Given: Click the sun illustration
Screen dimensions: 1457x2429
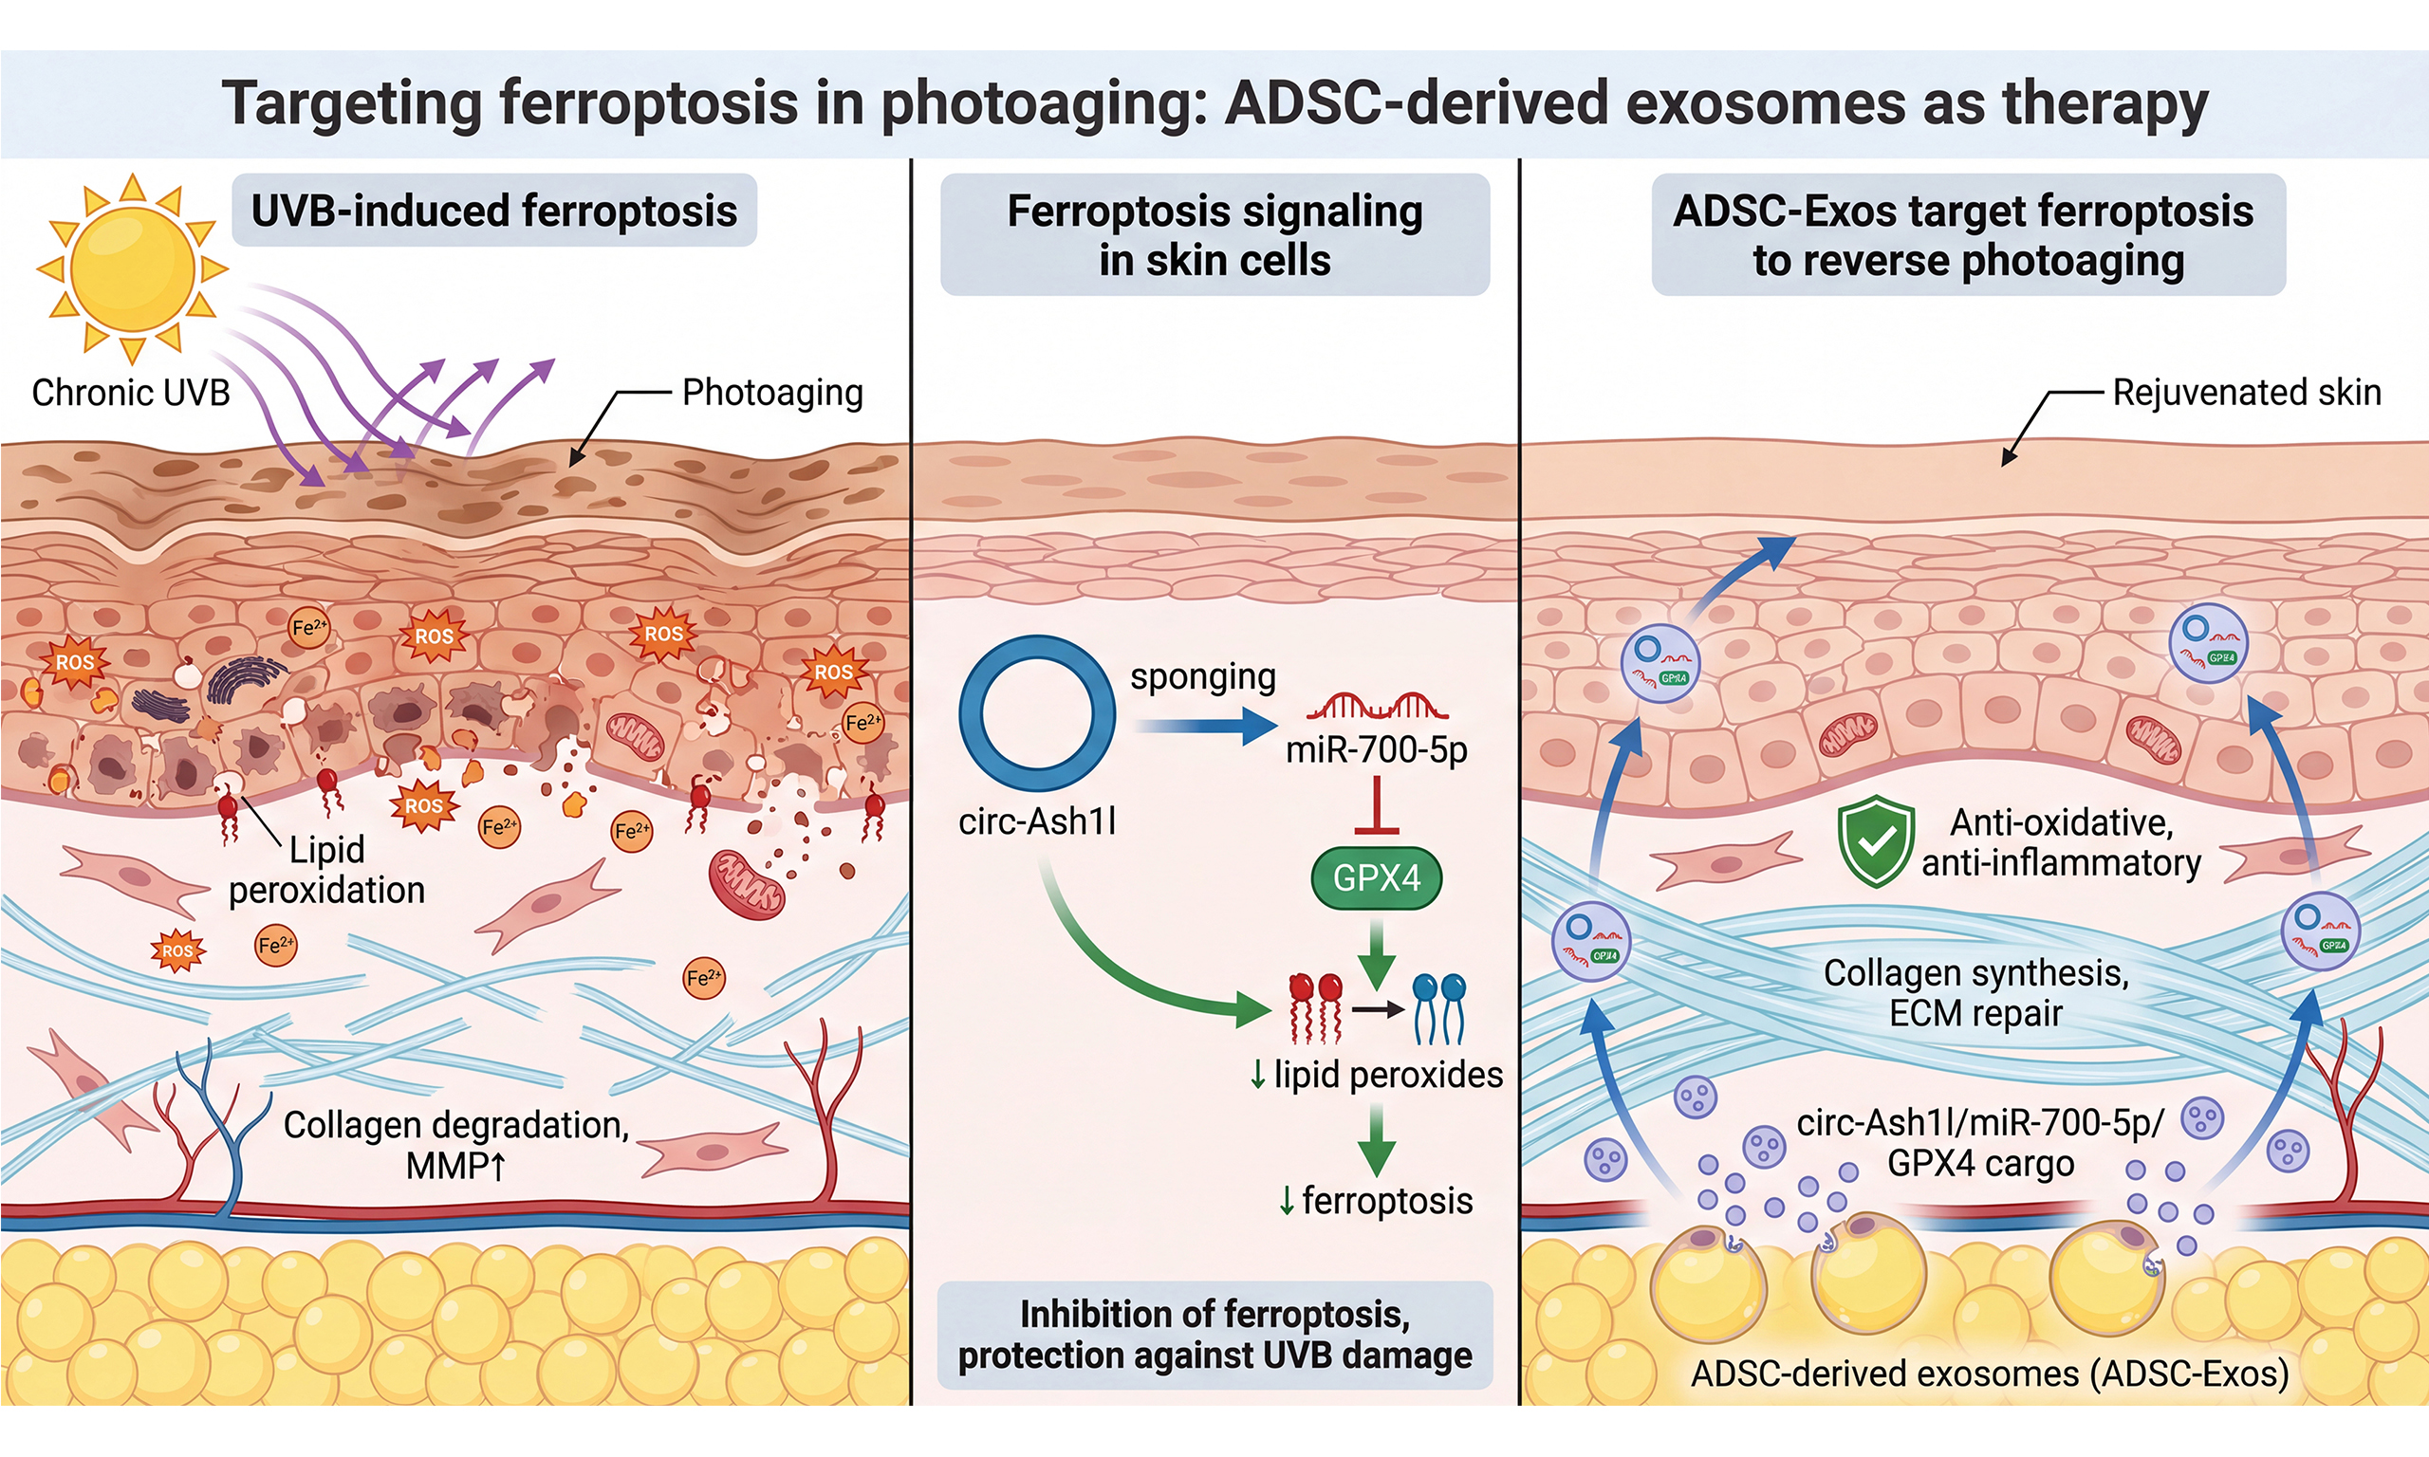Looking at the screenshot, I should [133, 267].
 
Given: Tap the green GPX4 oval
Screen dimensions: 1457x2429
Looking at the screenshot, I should [1377, 876].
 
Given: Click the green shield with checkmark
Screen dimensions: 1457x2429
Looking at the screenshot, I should [1875, 840].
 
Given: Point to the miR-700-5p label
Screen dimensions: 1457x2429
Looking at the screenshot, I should [1377, 750].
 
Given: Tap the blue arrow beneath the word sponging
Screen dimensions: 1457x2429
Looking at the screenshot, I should [1206, 727].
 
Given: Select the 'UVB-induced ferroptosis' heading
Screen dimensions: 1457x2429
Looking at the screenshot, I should [493, 212].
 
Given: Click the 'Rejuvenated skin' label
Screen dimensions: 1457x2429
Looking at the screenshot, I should [2247, 393].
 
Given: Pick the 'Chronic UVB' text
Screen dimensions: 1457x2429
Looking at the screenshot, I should [131, 393].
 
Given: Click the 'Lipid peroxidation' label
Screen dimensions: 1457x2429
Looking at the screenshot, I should [327, 870].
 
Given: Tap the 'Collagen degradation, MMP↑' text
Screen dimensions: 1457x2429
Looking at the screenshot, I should [456, 1145].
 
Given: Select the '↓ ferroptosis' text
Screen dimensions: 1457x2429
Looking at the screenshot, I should [1376, 1201].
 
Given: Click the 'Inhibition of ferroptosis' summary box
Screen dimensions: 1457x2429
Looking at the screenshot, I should [1214, 1335].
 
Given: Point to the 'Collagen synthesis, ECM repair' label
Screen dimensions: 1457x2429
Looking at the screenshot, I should [1975, 992].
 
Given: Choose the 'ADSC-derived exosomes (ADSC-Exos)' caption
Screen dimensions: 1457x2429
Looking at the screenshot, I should [1989, 1374].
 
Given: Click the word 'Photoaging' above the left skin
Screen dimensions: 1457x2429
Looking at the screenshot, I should [772, 393].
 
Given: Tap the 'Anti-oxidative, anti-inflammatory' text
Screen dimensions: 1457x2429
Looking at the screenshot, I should [2061, 842].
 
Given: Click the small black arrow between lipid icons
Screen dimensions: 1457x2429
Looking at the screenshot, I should [1379, 1009].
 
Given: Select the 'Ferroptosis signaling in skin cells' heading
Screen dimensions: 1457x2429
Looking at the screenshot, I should [1214, 235].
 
